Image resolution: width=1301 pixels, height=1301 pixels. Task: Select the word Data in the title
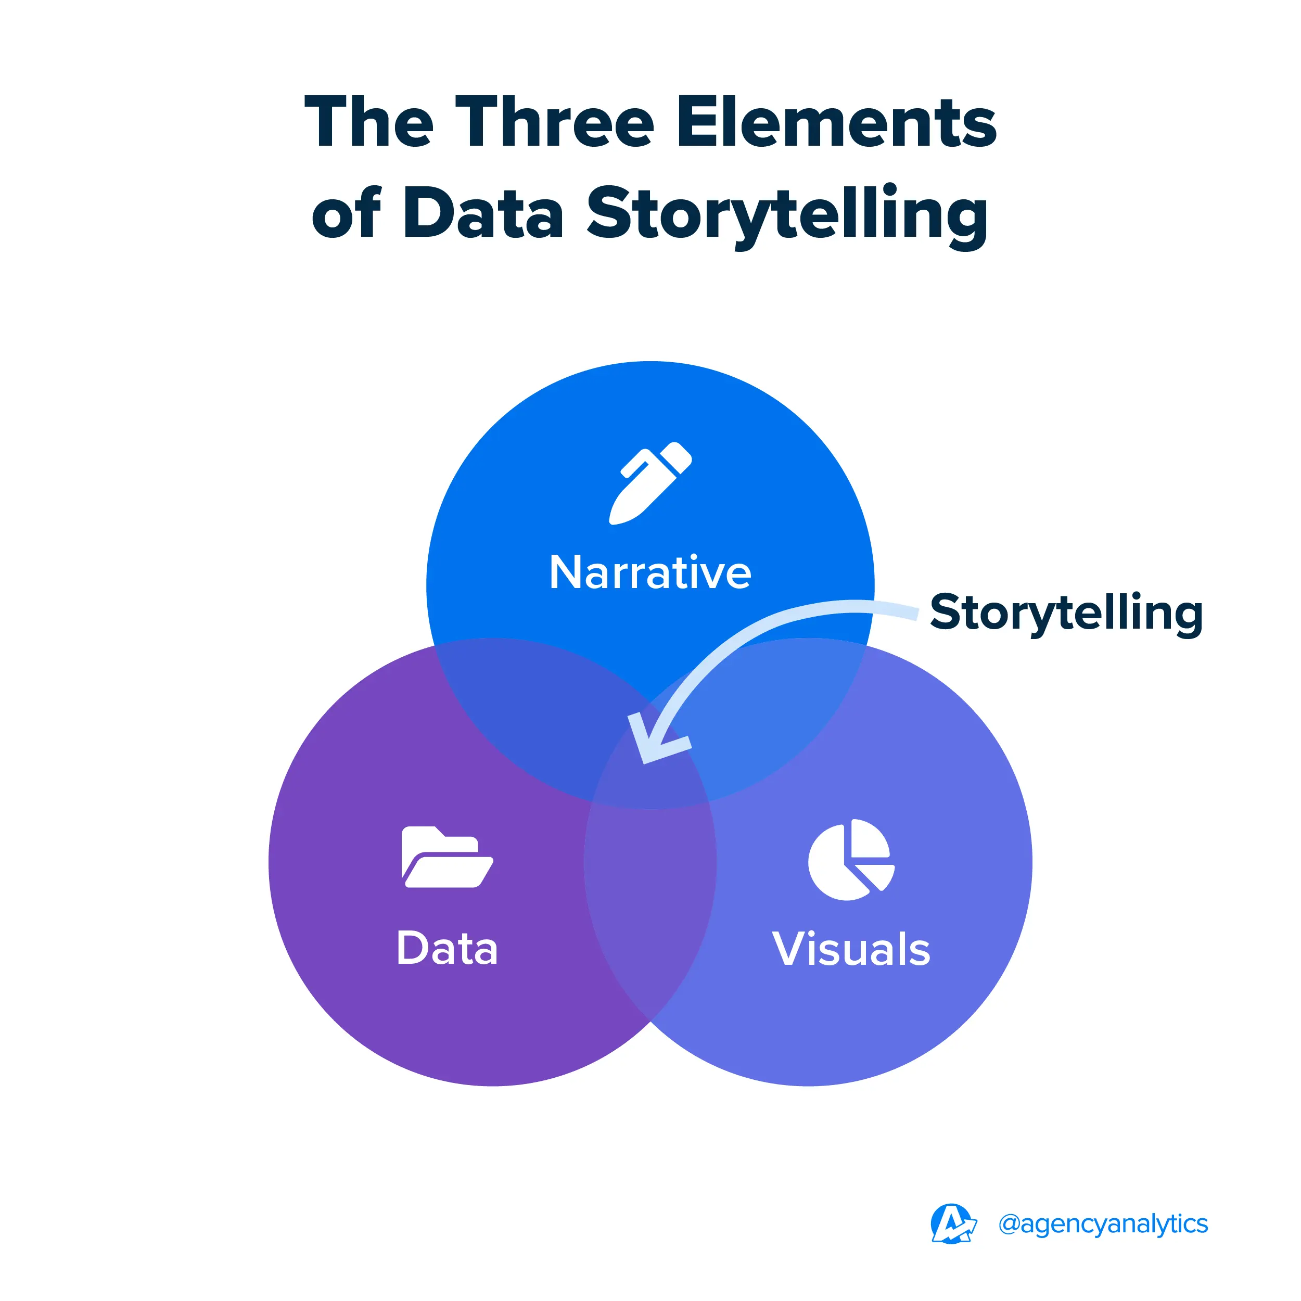pyautogui.click(x=483, y=213)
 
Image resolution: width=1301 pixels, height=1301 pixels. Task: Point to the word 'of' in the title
pyautogui.click(x=346, y=213)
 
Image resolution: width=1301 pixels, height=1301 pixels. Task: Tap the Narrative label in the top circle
pyautogui.click(x=650, y=573)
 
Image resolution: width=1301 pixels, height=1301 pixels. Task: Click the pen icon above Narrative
pyautogui.click(x=650, y=483)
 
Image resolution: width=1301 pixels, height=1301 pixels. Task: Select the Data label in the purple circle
pyautogui.click(x=447, y=949)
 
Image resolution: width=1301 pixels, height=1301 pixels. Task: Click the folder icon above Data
pyautogui.click(x=447, y=857)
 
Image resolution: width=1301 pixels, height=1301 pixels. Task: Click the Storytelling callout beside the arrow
pyautogui.click(x=1066, y=613)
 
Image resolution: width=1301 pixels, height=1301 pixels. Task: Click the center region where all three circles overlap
pyautogui.click(x=650, y=781)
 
